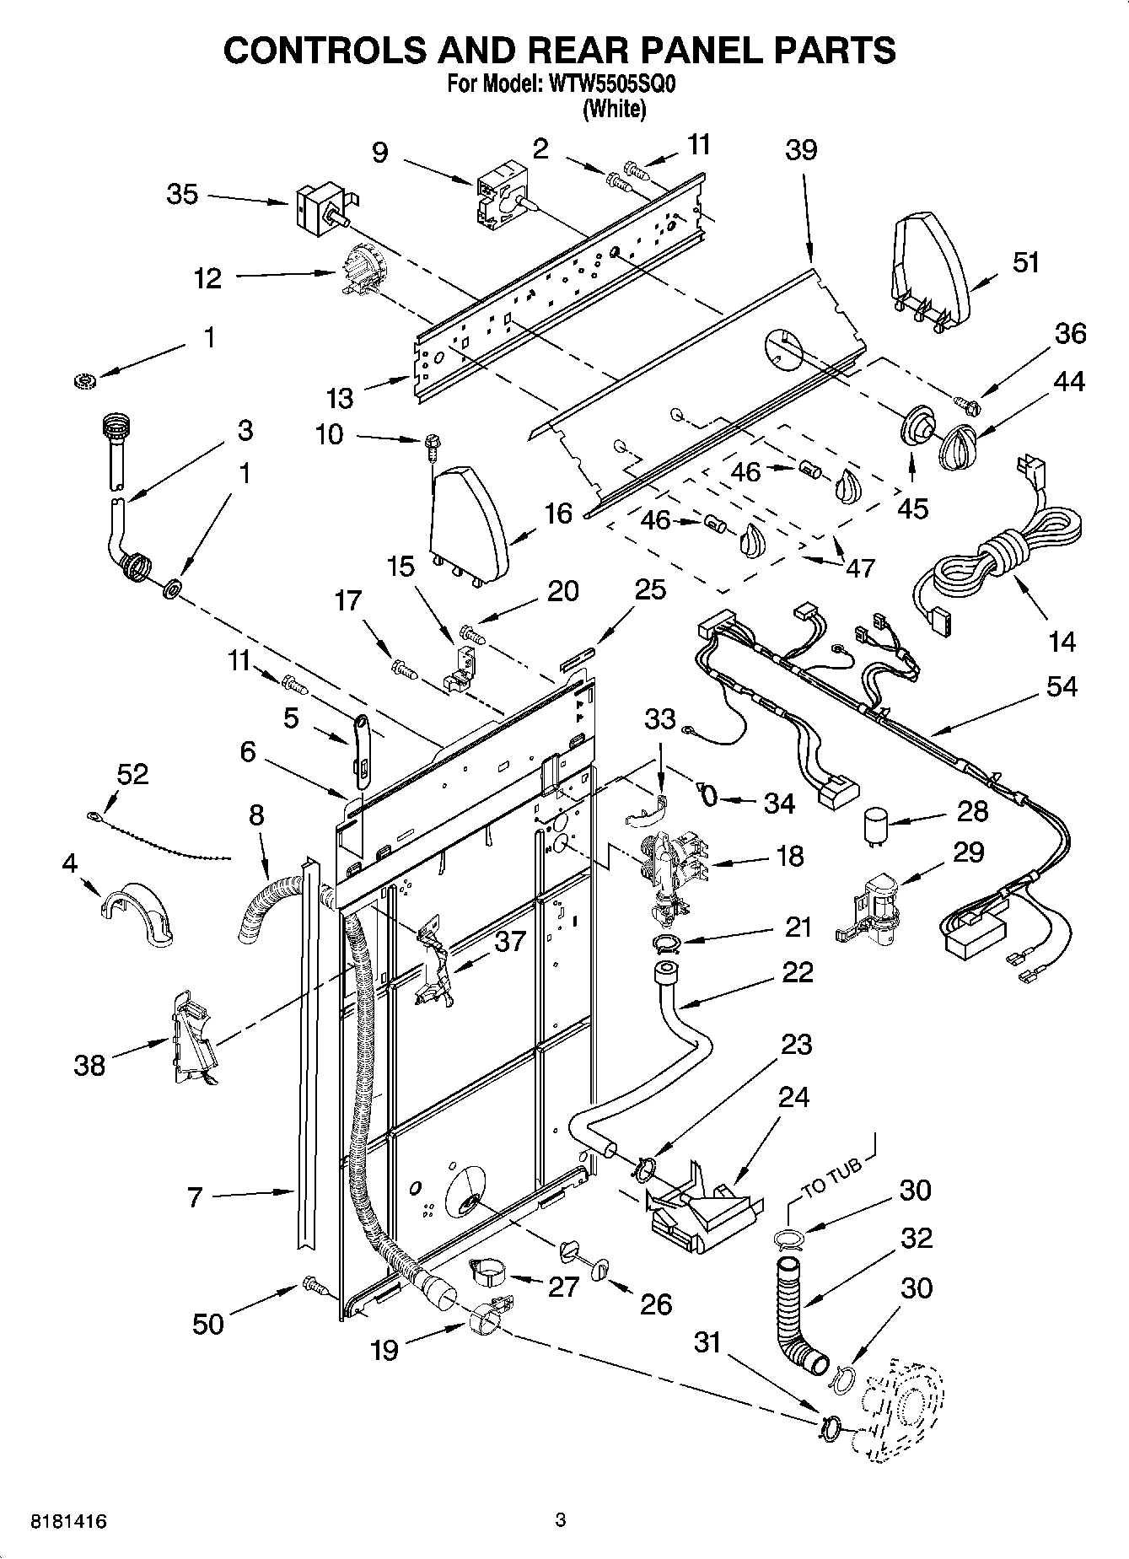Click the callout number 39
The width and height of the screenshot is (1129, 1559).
[800, 150]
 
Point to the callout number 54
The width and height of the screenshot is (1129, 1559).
[1061, 686]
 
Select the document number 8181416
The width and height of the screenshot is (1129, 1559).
[68, 1522]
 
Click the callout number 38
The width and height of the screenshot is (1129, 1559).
[89, 1065]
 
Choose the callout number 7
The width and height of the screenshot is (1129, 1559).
[195, 1196]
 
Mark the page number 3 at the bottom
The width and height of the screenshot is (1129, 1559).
[560, 1521]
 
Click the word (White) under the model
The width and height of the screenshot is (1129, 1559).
[614, 110]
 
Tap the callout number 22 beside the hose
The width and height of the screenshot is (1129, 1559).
[797, 972]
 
